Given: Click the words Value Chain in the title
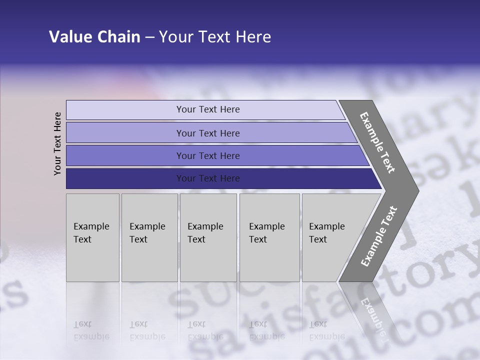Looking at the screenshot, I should coord(94,37).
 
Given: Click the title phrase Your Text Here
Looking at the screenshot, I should coord(215,37).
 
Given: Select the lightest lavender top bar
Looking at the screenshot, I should coord(125,110).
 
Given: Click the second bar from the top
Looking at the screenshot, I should coord(125,133).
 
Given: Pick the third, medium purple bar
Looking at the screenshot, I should coord(125,156).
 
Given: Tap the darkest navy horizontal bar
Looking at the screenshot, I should coord(125,178).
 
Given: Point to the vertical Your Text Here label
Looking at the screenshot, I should coord(57,143).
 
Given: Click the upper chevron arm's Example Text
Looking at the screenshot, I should coord(377,142).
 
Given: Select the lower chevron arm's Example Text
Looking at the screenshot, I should coord(379,236).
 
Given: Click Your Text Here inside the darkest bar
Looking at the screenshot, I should coord(208,178).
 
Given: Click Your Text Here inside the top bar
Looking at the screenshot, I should coord(208,109).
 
